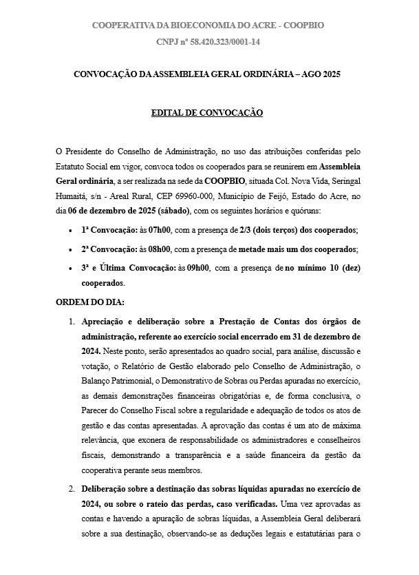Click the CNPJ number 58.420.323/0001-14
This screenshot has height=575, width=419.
(222, 42)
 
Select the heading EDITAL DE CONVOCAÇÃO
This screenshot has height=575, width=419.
(207, 112)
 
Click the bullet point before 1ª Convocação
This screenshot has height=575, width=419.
(72, 230)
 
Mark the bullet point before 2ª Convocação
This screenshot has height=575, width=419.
(72, 249)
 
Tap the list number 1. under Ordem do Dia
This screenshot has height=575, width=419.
(72, 322)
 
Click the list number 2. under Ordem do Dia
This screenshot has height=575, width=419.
(72, 488)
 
